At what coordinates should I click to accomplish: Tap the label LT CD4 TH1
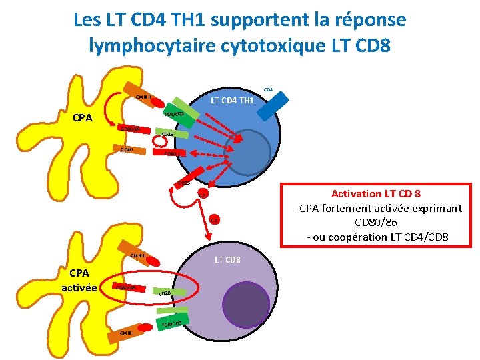[232, 101]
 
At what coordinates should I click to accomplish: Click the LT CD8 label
[227, 259]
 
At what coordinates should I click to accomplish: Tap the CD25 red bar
[185, 181]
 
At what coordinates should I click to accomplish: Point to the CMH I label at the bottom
[127, 333]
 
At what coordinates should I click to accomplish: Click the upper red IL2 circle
[203, 193]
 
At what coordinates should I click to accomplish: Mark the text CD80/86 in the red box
[371, 221]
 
